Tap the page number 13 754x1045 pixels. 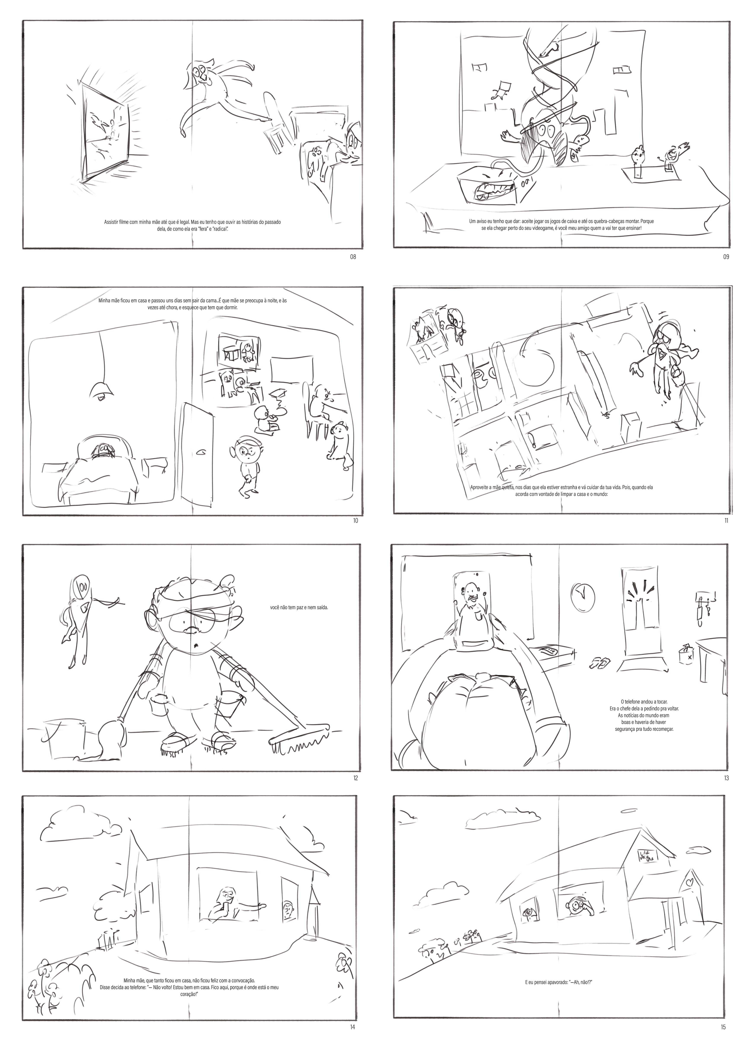[x=726, y=778]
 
